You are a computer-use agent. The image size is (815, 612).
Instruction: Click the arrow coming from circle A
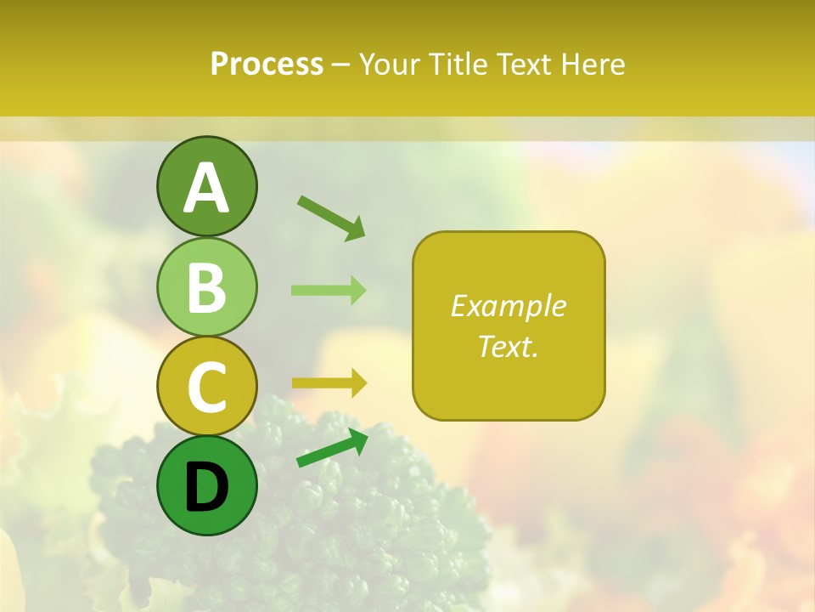331,218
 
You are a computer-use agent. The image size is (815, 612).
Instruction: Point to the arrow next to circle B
329,290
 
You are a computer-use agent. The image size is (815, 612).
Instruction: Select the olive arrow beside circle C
329,383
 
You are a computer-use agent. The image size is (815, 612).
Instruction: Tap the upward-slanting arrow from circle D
332,448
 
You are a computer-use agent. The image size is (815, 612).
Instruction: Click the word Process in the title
267,64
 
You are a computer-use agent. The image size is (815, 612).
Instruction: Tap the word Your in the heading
388,64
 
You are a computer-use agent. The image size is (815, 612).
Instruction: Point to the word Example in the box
508,306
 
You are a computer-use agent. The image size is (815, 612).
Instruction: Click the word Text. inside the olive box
508,346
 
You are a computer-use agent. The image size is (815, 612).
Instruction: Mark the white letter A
206,189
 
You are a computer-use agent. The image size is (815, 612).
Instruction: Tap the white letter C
206,387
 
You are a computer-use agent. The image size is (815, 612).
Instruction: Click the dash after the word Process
340,65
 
